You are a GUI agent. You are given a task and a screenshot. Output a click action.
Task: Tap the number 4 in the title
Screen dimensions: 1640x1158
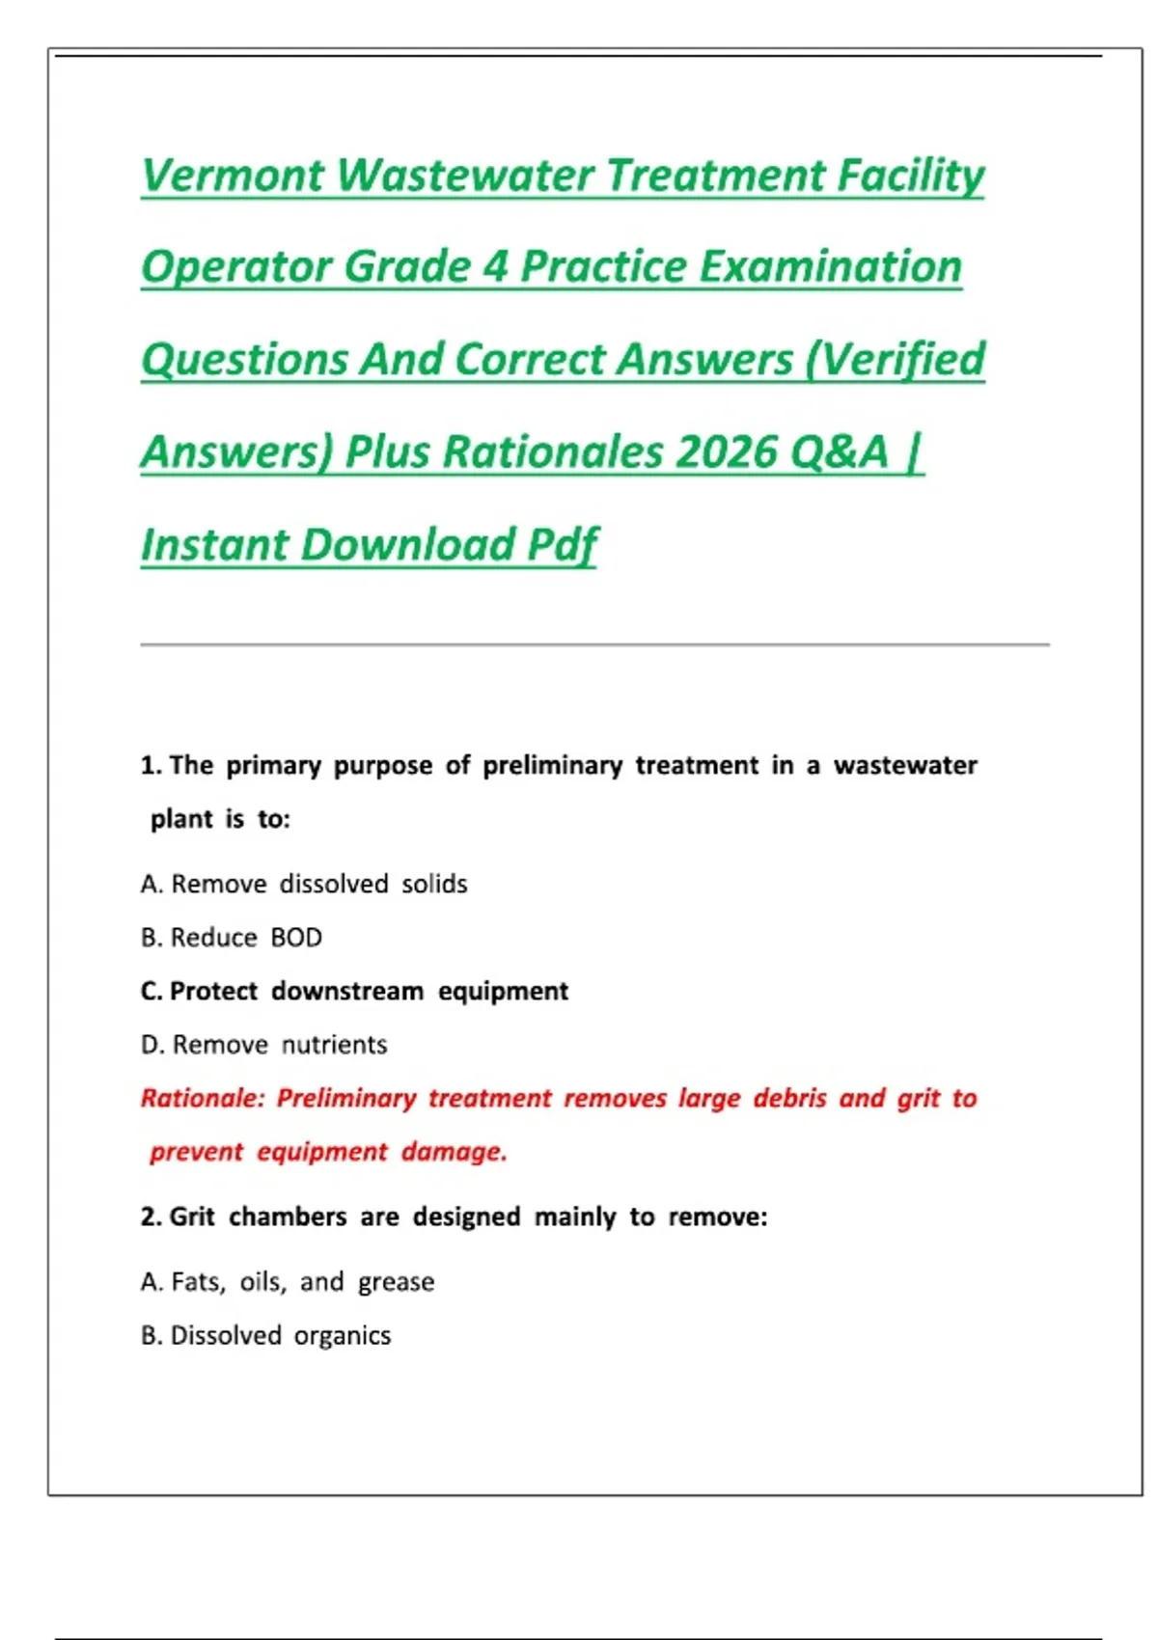(x=495, y=267)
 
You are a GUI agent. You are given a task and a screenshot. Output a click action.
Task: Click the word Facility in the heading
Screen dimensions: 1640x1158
(x=910, y=176)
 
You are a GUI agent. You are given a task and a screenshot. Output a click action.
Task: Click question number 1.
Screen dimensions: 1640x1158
(x=151, y=766)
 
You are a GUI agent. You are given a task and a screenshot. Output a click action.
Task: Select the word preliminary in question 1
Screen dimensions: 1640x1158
(x=552, y=766)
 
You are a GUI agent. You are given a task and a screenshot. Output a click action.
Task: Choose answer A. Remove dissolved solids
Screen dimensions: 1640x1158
(x=304, y=884)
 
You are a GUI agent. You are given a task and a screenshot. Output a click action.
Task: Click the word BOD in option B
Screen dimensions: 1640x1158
(x=296, y=938)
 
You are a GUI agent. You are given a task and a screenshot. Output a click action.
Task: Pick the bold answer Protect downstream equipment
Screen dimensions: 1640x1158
(x=369, y=991)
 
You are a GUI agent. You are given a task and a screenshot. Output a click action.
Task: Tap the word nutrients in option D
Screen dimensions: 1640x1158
(x=334, y=1045)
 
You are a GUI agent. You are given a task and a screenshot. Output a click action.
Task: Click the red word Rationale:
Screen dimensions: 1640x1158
(x=202, y=1099)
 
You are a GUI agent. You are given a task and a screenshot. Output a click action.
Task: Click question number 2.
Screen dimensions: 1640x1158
(x=151, y=1217)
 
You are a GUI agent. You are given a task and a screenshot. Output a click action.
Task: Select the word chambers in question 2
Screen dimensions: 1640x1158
(x=288, y=1217)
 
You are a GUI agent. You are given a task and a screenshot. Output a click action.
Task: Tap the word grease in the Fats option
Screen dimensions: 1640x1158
(x=396, y=1282)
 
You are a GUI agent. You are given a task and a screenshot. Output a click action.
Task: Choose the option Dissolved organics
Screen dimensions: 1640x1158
(x=280, y=1336)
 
